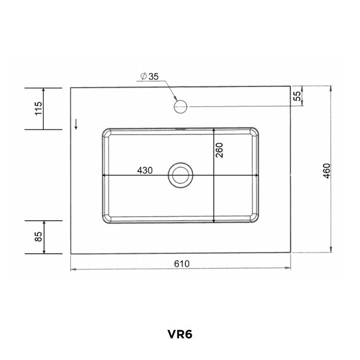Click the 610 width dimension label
point(182,263)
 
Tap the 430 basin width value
point(145,170)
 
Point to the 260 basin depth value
point(220,150)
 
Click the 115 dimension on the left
point(38,109)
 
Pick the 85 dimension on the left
point(38,236)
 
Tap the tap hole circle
point(180,107)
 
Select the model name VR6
point(180,334)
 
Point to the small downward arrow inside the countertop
point(77,124)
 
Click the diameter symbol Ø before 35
point(144,76)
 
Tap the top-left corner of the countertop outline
point(71,88)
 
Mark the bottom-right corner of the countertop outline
point(291,253)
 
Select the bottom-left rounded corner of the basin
point(105,220)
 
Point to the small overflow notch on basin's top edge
point(180,128)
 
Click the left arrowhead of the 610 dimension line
point(73,269)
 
